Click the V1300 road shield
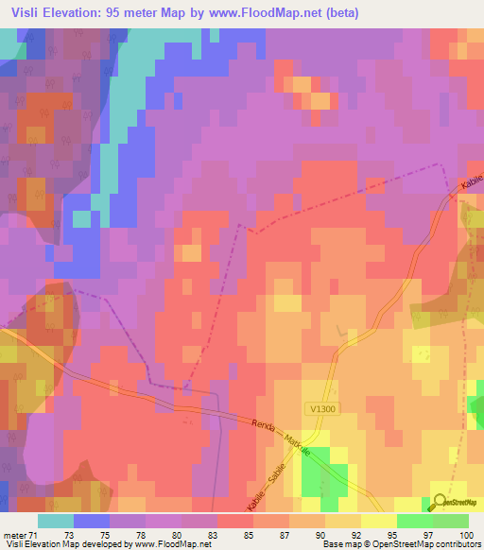click(x=321, y=408)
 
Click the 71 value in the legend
click(x=37, y=535)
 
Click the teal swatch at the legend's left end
click(x=55, y=521)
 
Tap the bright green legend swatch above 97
click(x=415, y=521)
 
